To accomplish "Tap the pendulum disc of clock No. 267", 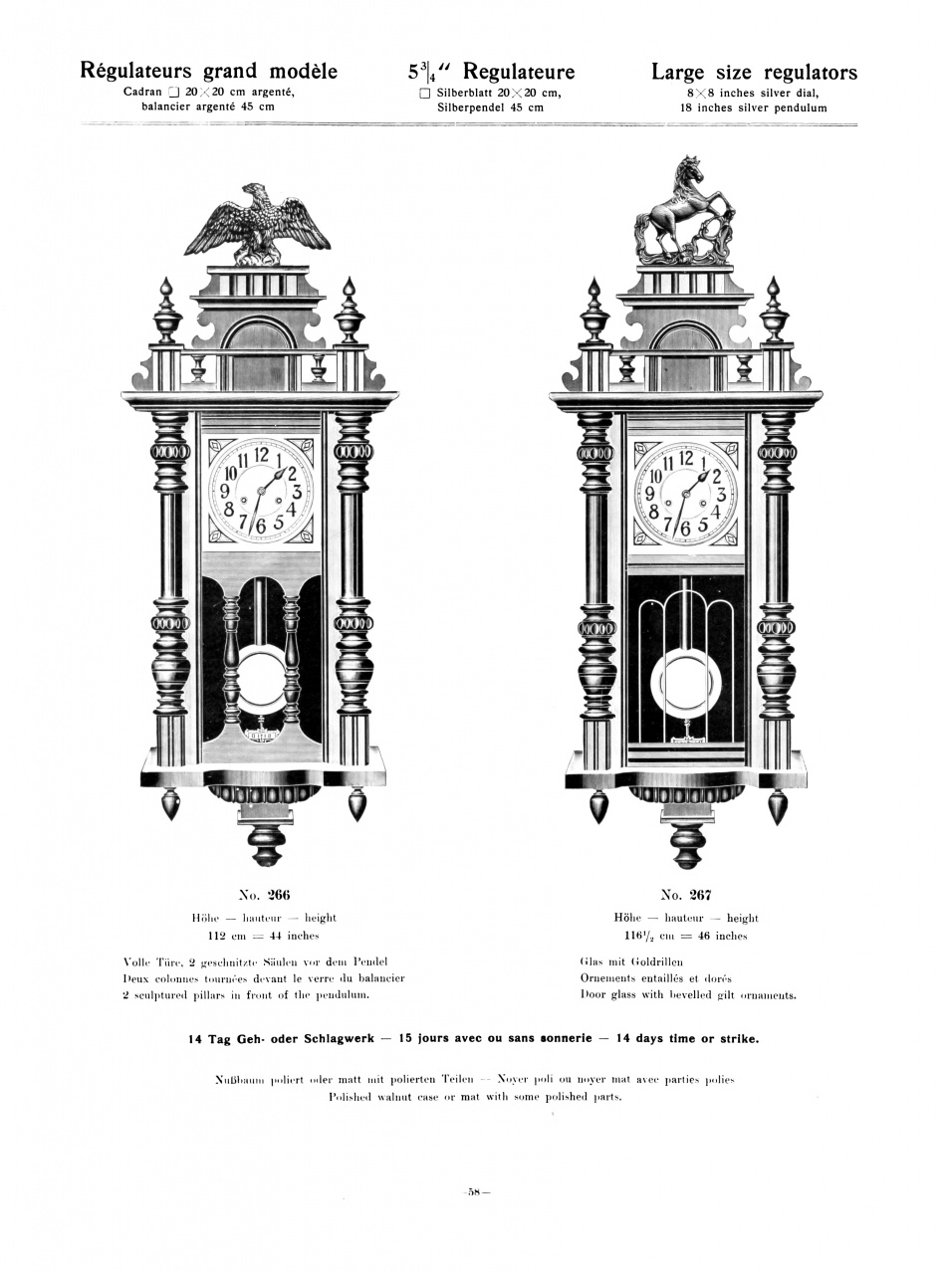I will tap(684, 686).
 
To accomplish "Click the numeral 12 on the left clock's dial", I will tap(260, 456).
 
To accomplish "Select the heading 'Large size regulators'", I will tap(754, 72).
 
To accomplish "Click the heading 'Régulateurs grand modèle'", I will tap(209, 71).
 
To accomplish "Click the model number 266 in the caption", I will tap(278, 894).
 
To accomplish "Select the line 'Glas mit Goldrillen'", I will tap(630, 961).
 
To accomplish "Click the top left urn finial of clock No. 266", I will tap(166, 313).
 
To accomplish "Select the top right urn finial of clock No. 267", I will tap(774, 312).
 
